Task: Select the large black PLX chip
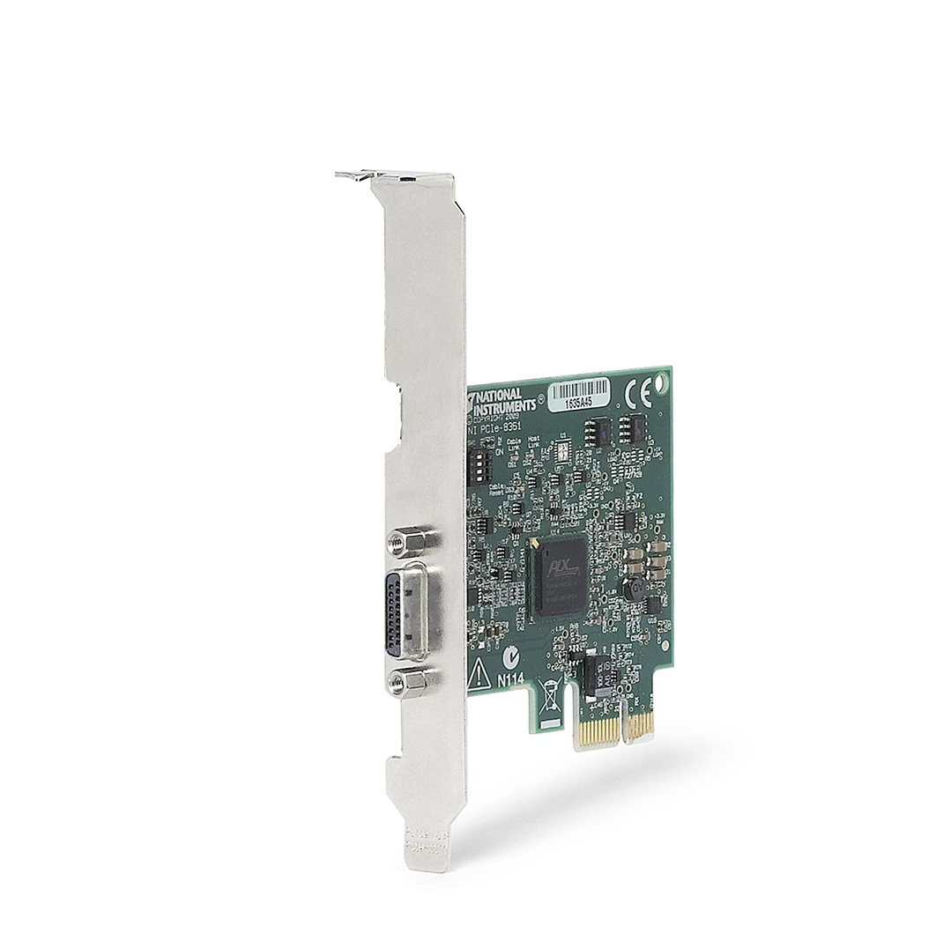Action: [x=561, y=576]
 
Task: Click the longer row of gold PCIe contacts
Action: [x=597, y=731]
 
